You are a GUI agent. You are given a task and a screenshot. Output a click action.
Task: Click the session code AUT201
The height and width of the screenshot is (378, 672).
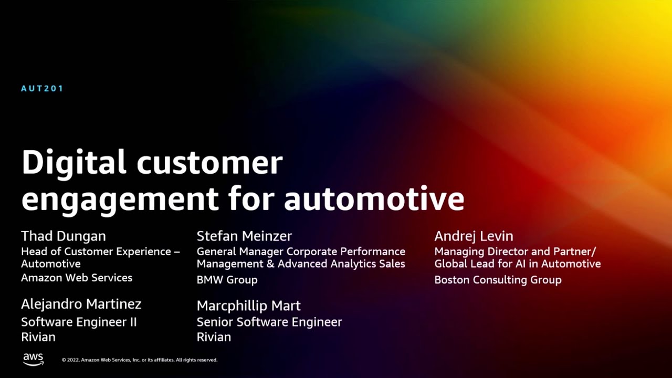pyautogui.click(x=42, y=89)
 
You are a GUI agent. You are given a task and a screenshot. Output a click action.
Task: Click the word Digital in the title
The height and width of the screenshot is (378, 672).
pyautogui.click(x=73, y=163)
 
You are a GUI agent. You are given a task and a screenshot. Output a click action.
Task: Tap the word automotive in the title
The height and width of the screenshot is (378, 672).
pyautogui.click(x=374, y=199)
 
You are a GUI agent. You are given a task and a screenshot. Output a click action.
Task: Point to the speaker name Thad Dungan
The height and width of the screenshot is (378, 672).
pyautogui.click(x=64, y=236)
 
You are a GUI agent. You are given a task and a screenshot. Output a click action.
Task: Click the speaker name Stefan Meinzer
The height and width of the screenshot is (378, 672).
pyautogui.click(x=244, y=236)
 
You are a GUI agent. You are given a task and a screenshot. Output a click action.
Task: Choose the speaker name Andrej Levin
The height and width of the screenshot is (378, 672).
pyautogui.click(x=474, y=236)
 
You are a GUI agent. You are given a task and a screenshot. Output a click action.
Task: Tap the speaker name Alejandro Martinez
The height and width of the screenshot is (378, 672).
pyautogui.click(x=81, y=304)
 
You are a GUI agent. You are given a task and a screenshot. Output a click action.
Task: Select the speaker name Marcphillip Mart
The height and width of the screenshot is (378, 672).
pyautogui.click(x=248, y=306)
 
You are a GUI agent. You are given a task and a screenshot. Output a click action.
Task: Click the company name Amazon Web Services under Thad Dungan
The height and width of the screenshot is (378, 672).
pyautogui.click(x=77, y=278)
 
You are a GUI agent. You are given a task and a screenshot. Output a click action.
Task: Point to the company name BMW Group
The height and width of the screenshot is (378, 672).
pyautogui.click(x=227, y=280)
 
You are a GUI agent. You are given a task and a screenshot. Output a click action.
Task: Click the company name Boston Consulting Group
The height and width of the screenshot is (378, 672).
pyautogui.click(x=498, y=280)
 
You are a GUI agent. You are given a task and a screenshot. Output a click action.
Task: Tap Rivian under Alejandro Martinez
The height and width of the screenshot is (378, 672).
pyautogui.click(x=38, y=337)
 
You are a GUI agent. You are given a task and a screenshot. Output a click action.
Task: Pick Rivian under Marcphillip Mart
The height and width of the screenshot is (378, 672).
pyautogui.click(x=214, y=337)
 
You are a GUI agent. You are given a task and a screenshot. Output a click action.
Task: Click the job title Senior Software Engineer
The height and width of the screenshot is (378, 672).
pyautogui.click(x=269, y=322)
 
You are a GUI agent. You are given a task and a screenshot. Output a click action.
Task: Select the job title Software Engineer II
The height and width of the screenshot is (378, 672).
pyautogui.click(x=79, y=322)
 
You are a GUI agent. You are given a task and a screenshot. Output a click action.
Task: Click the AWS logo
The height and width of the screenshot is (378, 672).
pyautogui.click(x=33, y=359)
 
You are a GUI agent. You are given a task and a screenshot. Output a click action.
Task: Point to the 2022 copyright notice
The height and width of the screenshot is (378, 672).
pyautogui.click(x=139, y=360)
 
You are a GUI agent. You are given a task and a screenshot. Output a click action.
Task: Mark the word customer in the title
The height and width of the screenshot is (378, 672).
pyautogui.click(x=209, y=163)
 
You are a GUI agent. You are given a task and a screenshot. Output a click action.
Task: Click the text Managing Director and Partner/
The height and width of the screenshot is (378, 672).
pyautogui.click(x=515, y=251)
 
